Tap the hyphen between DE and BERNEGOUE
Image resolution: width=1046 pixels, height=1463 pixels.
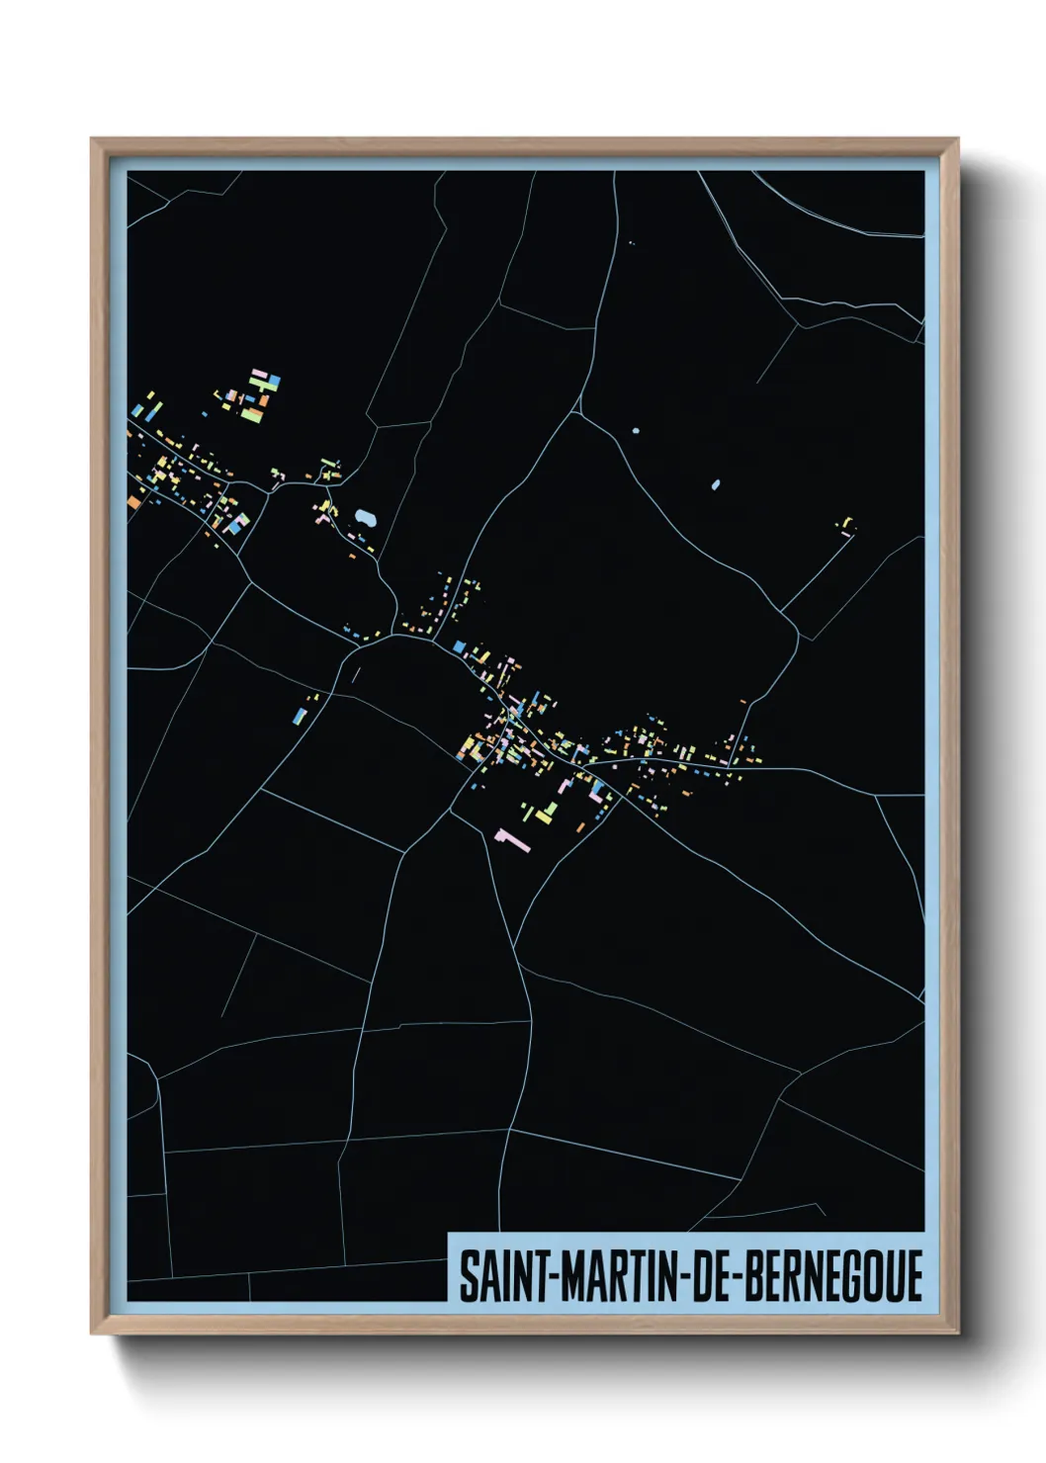pos(735,1276)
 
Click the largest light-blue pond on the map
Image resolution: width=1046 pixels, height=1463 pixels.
pos(366,517)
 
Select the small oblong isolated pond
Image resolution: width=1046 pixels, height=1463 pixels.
pos(716,485)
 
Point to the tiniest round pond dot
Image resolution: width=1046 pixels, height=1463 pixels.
pos(636,431)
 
